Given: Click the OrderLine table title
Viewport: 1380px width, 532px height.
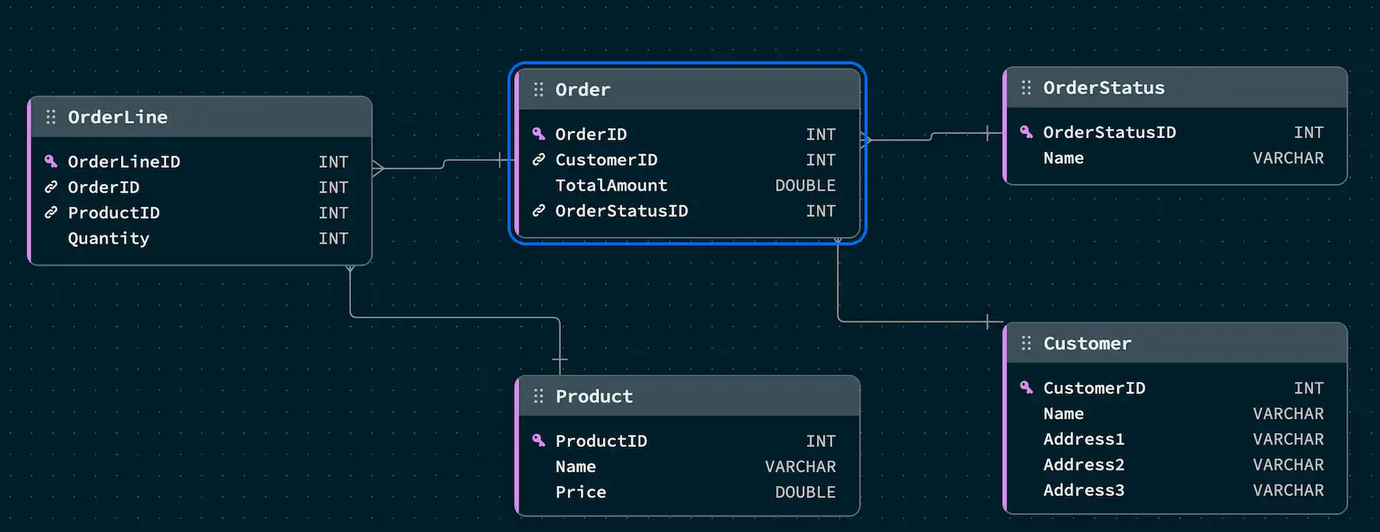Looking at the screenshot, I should [x=117, y=117].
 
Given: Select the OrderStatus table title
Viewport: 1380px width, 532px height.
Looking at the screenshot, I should [x=1103, y=88].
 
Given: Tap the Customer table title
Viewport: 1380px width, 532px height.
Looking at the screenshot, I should [x=1087, y=343].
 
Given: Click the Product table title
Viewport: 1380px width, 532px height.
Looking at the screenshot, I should [x=594, y=396].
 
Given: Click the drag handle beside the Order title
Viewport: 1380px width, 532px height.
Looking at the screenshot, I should [x=539, y=90].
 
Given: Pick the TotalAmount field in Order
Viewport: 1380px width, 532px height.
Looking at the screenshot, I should [x=611, y=186].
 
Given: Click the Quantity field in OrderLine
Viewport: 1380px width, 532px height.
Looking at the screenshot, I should [x=108, y=238].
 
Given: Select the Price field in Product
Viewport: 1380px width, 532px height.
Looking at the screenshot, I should [x=580, y=492].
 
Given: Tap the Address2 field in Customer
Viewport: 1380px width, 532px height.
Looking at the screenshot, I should [x=1083, y=465].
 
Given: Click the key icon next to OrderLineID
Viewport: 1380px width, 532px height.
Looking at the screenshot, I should [x=51, y=161].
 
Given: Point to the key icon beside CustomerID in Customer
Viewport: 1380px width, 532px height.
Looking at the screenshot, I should [x=1026, y=387].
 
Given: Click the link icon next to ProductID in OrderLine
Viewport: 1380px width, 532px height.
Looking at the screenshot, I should [x=51, y=212].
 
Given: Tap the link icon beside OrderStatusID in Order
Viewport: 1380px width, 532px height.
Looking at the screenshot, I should [x=539, y=211].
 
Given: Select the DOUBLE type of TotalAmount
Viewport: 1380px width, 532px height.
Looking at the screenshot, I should [x=805, y=186].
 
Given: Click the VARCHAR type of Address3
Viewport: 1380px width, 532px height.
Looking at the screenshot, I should [x=1287, y=491].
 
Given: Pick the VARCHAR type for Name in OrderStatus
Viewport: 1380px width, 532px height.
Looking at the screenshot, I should [x=1287, y=158].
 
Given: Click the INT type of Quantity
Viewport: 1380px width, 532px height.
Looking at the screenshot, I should [x=333, y=238].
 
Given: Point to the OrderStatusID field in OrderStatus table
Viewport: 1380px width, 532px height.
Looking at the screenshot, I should [x=1109, y=133].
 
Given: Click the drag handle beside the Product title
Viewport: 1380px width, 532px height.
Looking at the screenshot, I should [x=539, y=396].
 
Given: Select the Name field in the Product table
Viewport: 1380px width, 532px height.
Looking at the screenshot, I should [x=575, y=467].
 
